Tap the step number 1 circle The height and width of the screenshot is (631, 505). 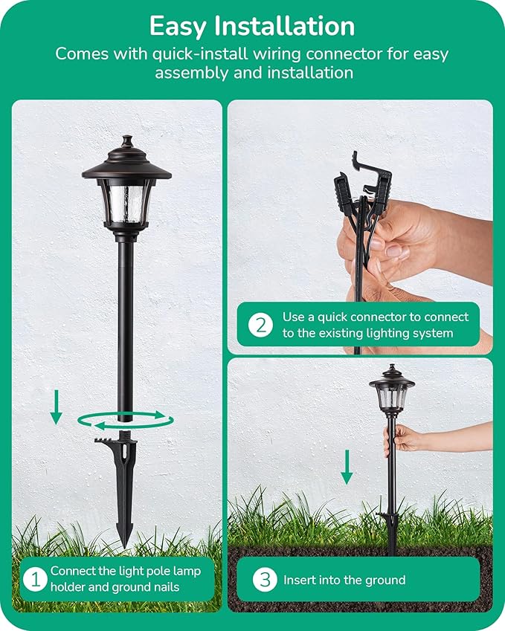coord(33,579)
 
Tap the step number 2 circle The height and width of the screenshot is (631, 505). coord(260,325)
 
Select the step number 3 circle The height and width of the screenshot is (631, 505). coord(265,580)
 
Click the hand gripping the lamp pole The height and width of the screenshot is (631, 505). coord(402,440)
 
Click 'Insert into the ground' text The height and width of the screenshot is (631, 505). coord(344,580)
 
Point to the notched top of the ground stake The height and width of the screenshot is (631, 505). coord(119,444)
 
